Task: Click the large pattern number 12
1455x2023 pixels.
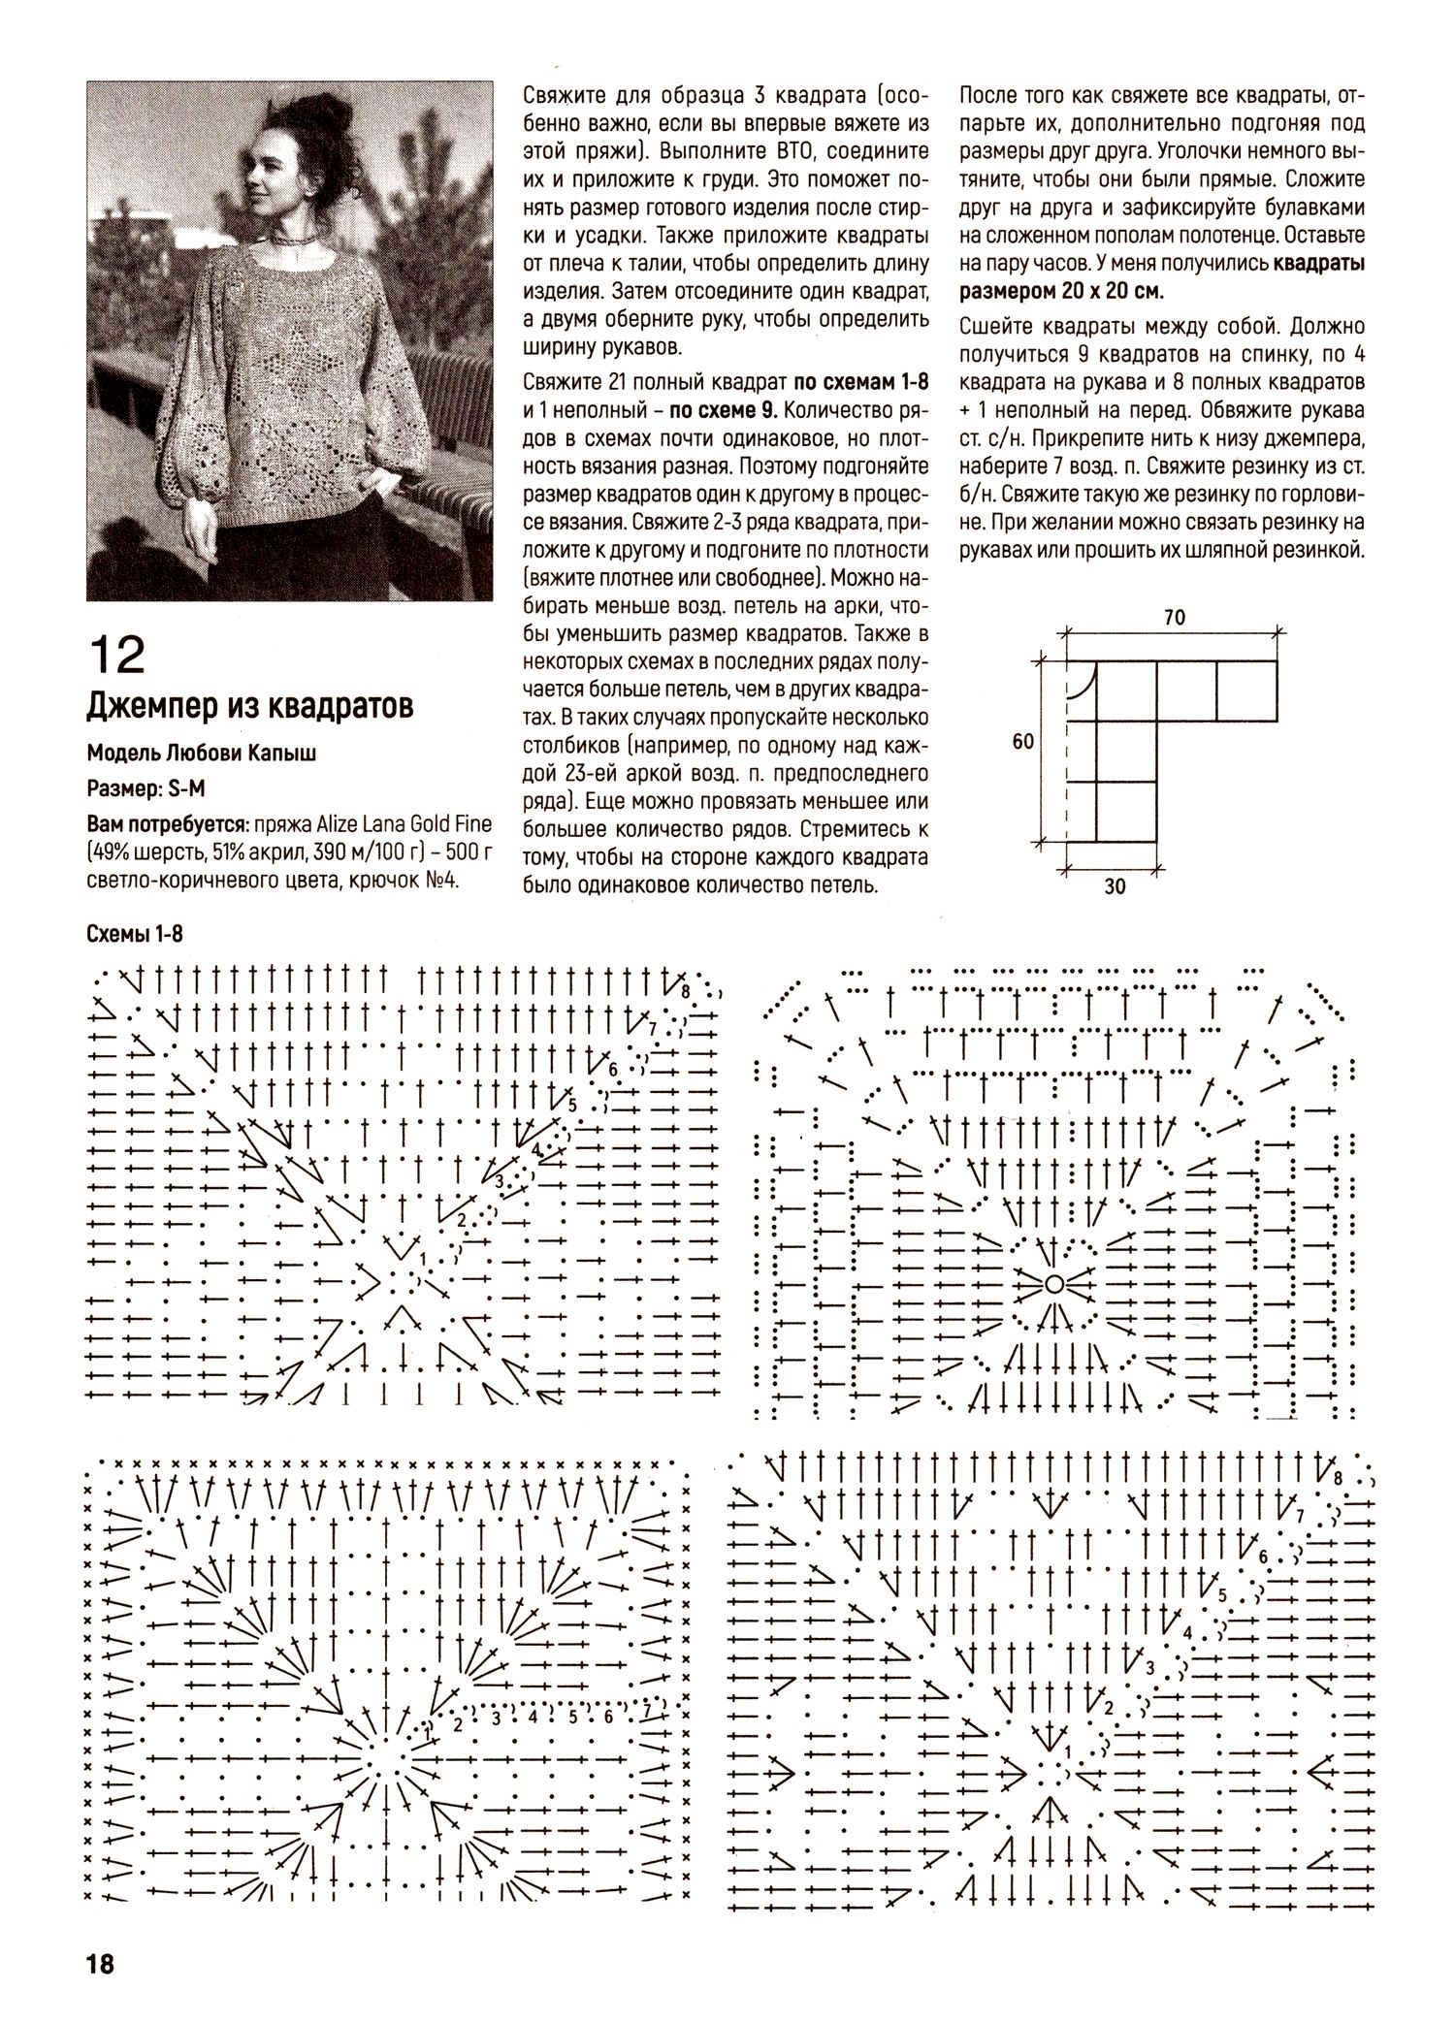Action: point(116,655)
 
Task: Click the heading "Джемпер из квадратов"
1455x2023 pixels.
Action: point(250,705)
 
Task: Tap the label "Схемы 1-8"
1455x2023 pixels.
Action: point(135,933)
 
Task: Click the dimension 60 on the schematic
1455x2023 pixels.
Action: point(1022,742)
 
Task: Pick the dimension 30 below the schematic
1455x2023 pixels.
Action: point(1115,885)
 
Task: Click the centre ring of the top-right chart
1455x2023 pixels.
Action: point(1052,1284)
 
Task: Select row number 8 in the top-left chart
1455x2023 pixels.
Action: point(685,992)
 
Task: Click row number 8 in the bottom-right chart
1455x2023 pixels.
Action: point(1338,1478)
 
